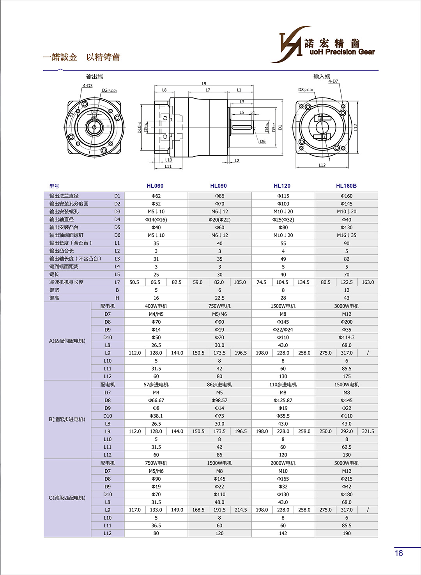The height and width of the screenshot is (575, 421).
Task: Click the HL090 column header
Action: coord(218,186)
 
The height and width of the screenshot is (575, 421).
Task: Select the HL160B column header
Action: coord(346,186)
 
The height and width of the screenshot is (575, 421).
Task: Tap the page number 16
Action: coord(398,553)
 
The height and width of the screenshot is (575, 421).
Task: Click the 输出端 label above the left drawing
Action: coord(94,76)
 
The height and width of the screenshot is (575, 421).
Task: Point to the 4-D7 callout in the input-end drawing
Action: coord(333,82)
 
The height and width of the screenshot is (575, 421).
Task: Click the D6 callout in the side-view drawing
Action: coord(263,142)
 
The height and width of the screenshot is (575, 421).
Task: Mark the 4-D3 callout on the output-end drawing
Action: coord(87,85)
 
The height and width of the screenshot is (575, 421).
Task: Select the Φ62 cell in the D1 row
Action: coord(156,196)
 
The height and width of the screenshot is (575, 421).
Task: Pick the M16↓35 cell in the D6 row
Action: coord(346,235)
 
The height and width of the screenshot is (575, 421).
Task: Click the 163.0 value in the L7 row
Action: coord(368,282)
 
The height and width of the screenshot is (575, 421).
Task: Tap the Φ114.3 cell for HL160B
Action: coord(346,337)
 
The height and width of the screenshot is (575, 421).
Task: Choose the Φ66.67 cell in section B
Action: coord(156,400)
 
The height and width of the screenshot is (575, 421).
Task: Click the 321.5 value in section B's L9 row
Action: coord(368,431)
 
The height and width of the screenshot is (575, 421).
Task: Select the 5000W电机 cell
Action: coord(346,463)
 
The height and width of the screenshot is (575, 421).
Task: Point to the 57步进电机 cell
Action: coord(156,385)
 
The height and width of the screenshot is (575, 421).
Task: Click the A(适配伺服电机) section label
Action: coord(67,341)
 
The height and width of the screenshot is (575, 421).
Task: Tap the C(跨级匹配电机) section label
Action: coord(67,498)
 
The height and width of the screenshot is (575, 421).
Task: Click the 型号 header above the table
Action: coord(54,186)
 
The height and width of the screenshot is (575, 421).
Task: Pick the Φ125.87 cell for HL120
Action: coord(283,400)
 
